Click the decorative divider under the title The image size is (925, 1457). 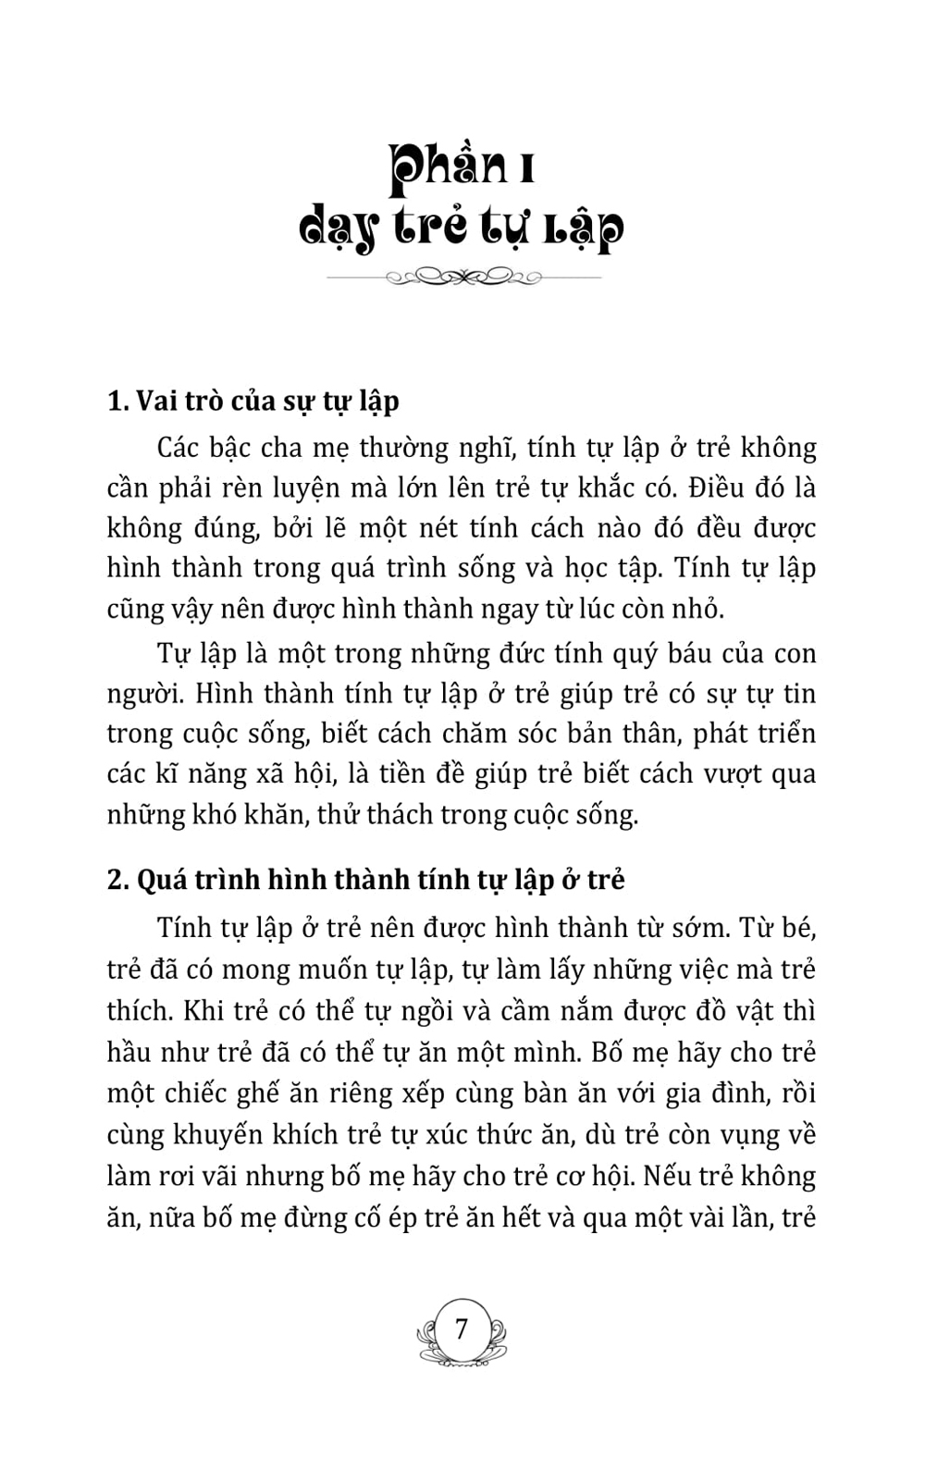coord(462,276)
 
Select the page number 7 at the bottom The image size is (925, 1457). coord(462,1329)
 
